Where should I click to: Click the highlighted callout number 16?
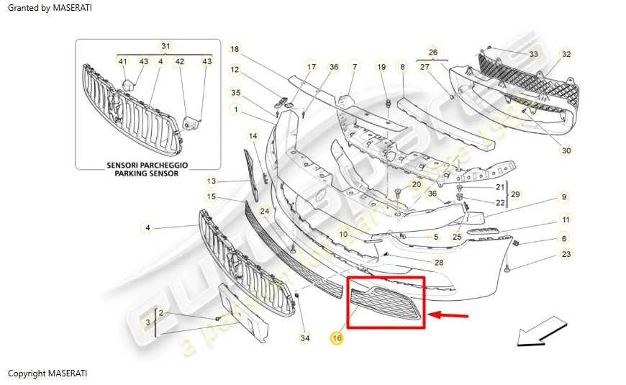[x=336, y=337]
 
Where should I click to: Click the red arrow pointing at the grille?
[x=448, y=314]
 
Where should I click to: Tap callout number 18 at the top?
[x=235, y=49]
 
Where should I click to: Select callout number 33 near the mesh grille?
[x=533, y=54]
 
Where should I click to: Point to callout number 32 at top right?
[x=566, y=54]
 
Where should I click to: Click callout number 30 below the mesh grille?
[x=566, y=150]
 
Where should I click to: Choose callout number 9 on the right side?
[x=564, y=196]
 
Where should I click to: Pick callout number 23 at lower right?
[x=566, y=254]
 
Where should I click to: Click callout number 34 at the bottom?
[x=305, y=338]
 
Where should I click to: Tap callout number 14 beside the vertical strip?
[x=253, y=135]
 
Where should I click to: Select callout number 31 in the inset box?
[x=166, y=46]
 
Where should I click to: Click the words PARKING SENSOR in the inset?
[x=148, y=173]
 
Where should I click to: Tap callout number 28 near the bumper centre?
[x=439, y=263]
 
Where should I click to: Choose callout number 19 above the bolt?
[x=382, y=67]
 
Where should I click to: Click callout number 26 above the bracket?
[x=432, y=53]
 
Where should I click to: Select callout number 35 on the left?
[x=235, y=92]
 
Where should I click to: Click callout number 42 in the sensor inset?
[x=180, y=62]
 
